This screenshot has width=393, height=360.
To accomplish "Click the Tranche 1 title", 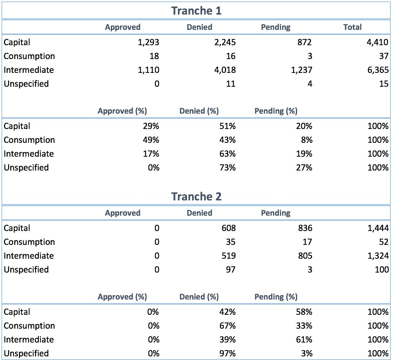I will tap(196, 11).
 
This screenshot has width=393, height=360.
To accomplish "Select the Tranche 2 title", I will tap(196, 196).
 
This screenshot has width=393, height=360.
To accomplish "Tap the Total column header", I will tap(352, 27).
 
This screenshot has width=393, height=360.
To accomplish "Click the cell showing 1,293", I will tap(148, 42).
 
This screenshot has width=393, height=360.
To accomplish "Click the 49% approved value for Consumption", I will tap(151, 140).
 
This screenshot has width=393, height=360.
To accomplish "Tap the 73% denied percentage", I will tap(228, 168).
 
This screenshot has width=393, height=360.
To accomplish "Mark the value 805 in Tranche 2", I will tap(304, 256).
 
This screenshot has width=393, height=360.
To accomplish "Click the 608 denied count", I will tap(229, 228).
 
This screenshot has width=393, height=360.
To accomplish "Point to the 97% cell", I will tap(228, 353).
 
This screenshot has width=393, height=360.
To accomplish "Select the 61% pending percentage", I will tap(304, 340).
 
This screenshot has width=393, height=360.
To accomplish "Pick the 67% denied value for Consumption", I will tap(228, 326).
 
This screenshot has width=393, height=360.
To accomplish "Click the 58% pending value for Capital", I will tap(304, 312).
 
